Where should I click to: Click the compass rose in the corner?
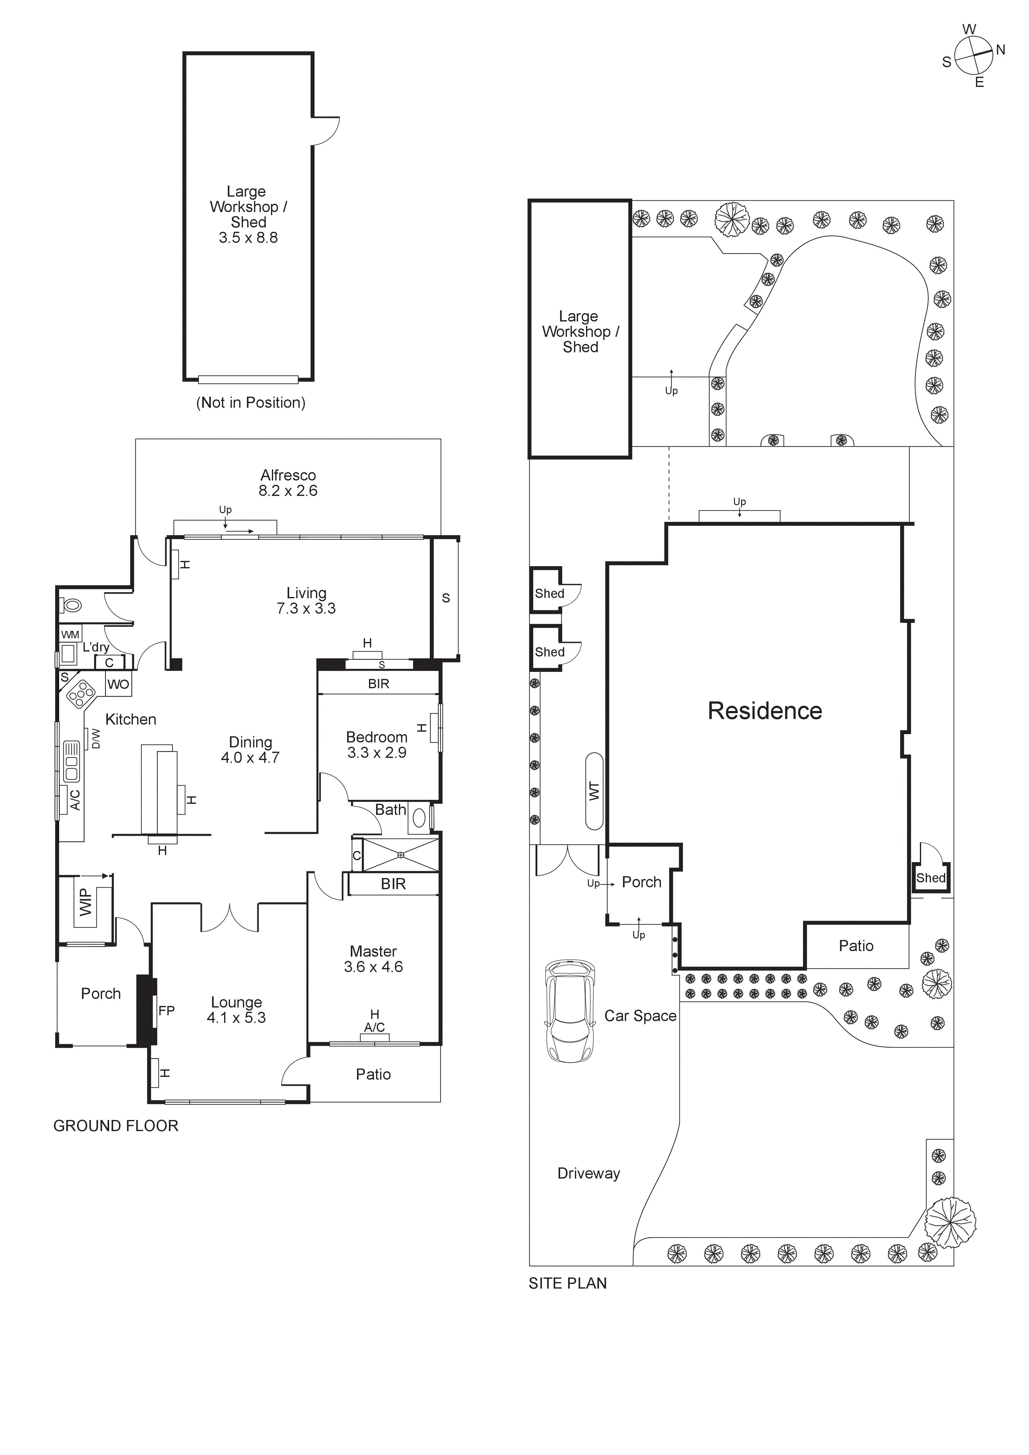[973, 55]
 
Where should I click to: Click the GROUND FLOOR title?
[116, 1126]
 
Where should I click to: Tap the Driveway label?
[588, 1174]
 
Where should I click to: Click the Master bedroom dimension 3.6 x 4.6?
[373, 967]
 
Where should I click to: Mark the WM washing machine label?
[70, 634]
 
